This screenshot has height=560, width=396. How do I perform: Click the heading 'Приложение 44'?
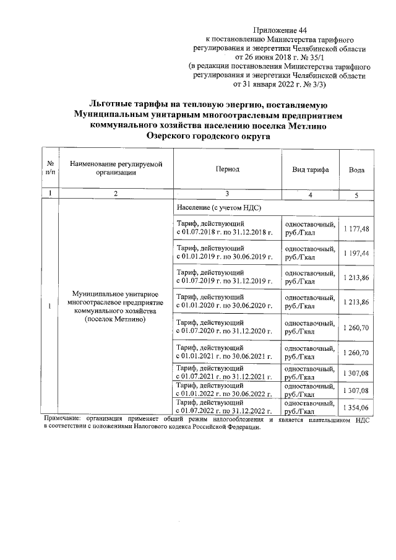280,30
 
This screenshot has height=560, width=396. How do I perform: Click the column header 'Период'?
227,169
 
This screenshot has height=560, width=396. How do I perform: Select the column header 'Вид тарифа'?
310,170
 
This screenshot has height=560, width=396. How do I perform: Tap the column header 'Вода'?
356,170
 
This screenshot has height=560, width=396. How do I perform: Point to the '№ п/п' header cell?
49,169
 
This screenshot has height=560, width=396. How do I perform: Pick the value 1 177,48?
356,228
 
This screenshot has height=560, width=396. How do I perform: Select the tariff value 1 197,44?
356,254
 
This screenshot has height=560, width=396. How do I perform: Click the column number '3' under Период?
227,195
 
